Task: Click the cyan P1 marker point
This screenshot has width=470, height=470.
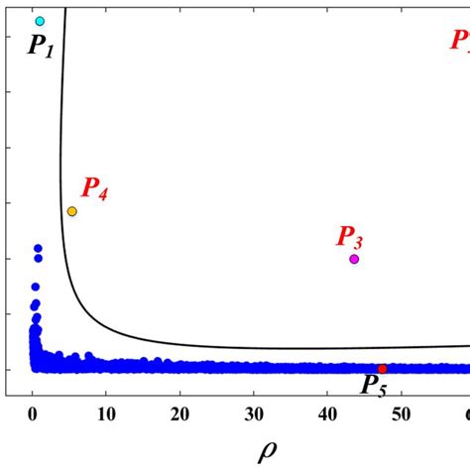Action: click(40, 21)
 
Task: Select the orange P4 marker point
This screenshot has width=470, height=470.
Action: click(71, 211)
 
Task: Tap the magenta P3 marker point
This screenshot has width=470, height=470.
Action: click(354, 259)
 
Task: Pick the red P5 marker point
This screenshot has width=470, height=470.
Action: click(383, 369)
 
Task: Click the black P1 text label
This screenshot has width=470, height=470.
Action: click(41, 46)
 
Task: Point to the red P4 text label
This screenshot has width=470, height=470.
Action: click(94, 188)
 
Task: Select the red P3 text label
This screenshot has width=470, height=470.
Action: click(349, 237)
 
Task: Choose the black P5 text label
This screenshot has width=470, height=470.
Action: click(374, 386)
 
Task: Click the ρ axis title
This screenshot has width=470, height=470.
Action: click(268, 451)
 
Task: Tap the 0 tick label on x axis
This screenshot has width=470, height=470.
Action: click(33, 412)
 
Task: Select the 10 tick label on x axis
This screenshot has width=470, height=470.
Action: click(106, 412)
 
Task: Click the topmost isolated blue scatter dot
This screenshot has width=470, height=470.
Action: click(38, 248)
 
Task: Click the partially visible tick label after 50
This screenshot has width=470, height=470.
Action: click(466, 412)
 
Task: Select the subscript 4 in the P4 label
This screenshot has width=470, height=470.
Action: click(102, 194)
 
